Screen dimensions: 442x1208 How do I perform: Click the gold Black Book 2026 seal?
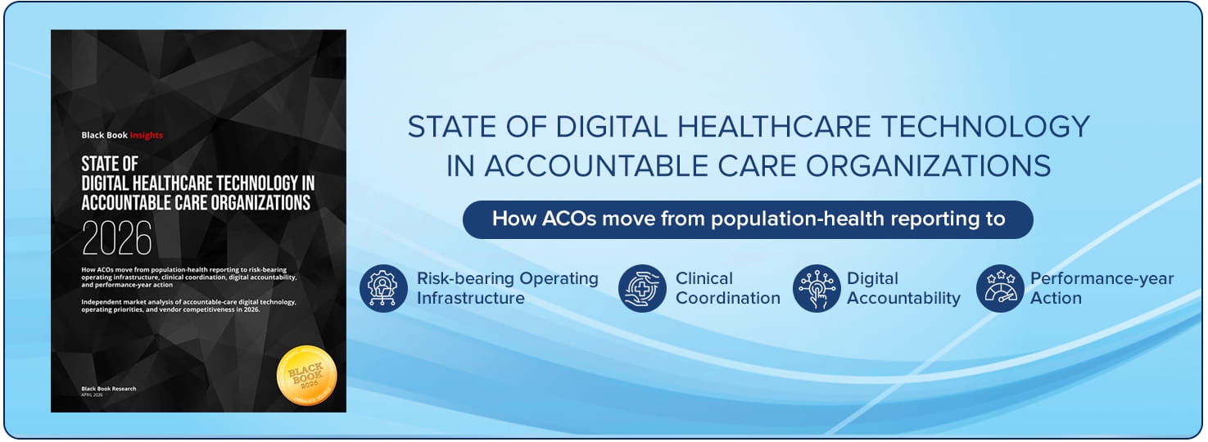coord(307,374)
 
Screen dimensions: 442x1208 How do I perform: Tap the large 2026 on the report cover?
coord(117,238)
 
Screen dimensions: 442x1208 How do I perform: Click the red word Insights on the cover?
coord(147,135)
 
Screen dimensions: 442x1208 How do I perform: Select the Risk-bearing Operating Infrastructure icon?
coord(383,288)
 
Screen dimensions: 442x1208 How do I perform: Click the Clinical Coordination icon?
coord(642,288)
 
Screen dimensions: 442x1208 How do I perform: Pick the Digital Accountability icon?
coord(817,288)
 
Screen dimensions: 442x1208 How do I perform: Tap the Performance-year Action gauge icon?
coord(1000,288)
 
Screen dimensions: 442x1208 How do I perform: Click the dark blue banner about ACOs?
coord(748,219)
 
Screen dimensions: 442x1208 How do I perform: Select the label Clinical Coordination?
coord(727,288)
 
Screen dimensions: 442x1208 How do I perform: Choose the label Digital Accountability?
coord(903,288)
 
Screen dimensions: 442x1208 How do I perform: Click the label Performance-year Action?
coord(1102,288)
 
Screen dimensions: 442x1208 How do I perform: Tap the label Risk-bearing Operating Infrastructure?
coord(507,288)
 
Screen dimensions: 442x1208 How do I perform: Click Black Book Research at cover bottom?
coord(109,388)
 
